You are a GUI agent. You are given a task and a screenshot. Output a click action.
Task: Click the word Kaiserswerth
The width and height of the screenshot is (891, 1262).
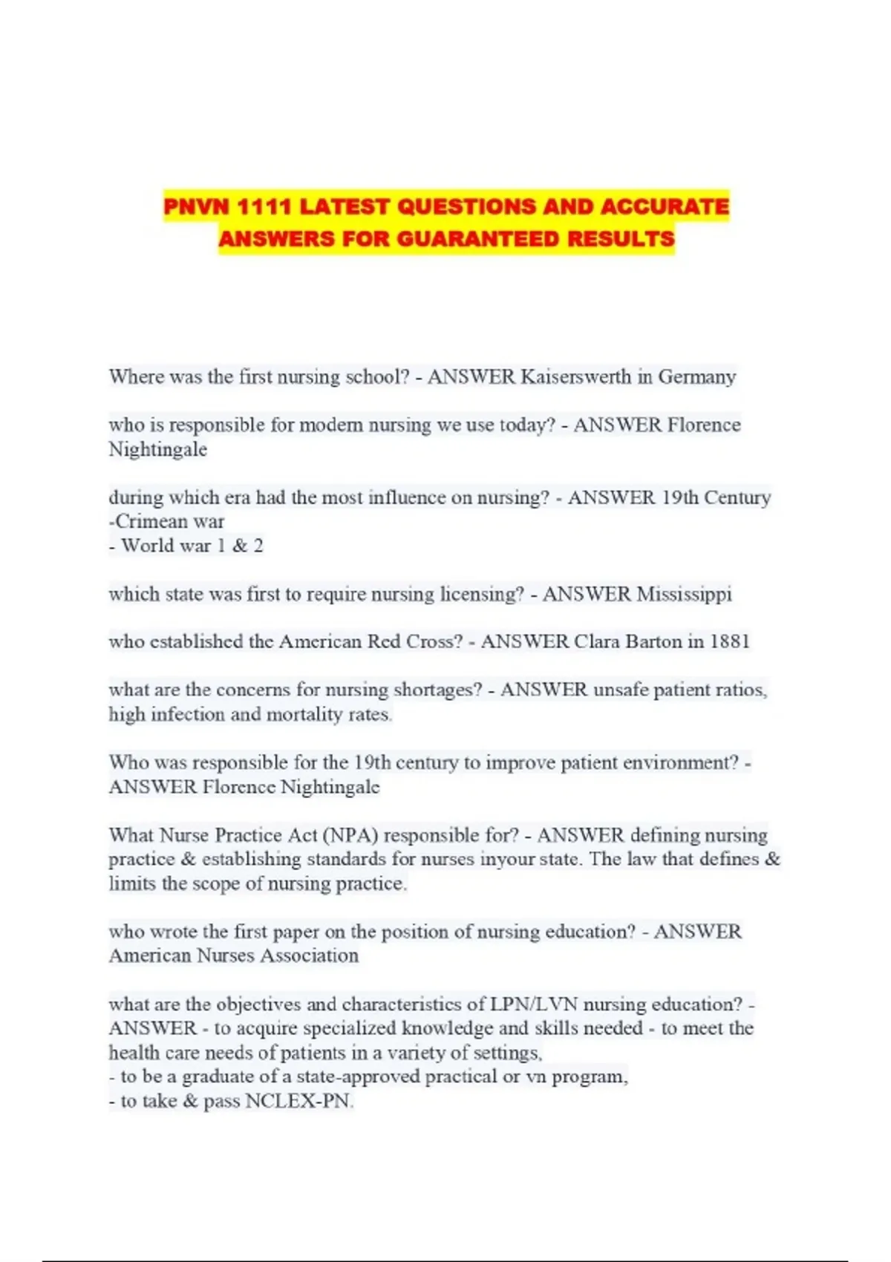click(575, 377)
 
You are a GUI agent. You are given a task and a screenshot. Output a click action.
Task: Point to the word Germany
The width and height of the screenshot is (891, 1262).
click(696, 377)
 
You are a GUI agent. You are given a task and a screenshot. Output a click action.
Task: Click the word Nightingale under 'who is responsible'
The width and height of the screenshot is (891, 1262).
click(157, 450)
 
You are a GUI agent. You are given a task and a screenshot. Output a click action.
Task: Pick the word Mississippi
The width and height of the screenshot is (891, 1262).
click(684, 594)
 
